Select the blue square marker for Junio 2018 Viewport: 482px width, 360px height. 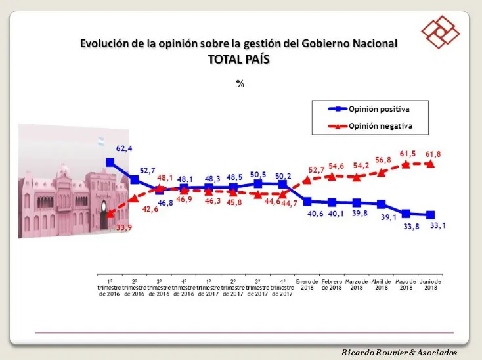click(431, 215)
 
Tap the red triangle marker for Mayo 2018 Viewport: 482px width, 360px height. click(406, 164)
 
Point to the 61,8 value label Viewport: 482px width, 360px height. click(433, 154)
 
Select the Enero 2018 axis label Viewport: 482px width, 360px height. click(307, 284)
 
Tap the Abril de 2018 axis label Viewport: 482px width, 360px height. click(382, 284)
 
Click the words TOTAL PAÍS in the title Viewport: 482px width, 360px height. click(239, 58)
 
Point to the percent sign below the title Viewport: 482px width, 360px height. click(240, 83)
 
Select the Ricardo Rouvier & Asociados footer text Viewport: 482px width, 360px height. click(408, 353)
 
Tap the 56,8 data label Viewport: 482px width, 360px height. click(383, 160)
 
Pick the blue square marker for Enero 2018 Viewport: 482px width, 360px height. click(307, 202)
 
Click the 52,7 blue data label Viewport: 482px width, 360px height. click(146, 171)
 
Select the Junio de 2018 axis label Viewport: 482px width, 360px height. click(431, 284)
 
